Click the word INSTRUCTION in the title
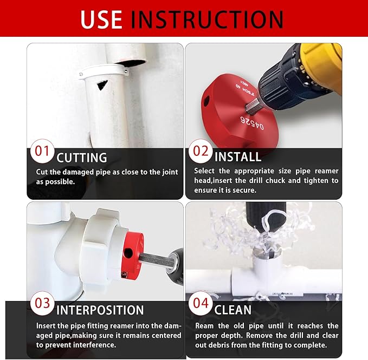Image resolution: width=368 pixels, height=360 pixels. click(207, 19)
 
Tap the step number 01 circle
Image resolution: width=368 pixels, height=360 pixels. click(42, 151)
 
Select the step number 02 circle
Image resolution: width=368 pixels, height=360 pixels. click(201, 151)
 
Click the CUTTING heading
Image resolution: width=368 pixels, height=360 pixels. click(82, 158)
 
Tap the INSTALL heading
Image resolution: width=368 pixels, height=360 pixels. click(238, 158)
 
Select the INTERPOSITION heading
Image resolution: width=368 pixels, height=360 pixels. click(100, 310)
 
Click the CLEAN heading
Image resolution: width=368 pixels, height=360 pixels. click(233, 310)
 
